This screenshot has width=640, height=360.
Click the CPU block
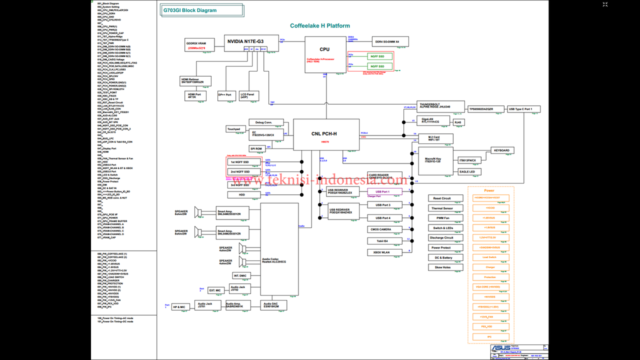[325, 54]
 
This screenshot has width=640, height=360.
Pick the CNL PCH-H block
[326, 134]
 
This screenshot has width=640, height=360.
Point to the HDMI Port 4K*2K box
[195, 95]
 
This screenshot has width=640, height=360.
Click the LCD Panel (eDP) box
[248, 95]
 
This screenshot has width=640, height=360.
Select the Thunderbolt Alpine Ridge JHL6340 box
[435, 106]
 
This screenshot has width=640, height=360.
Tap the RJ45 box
[458, 121]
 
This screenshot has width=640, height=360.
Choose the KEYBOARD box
[501, 150]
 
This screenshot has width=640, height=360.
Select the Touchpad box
[233, 129]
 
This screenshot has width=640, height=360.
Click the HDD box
[242, 195]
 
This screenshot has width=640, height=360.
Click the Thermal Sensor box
[442, 208]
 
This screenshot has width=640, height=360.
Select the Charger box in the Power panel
[490, 267]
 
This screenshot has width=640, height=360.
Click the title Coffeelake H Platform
[320, 26]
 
